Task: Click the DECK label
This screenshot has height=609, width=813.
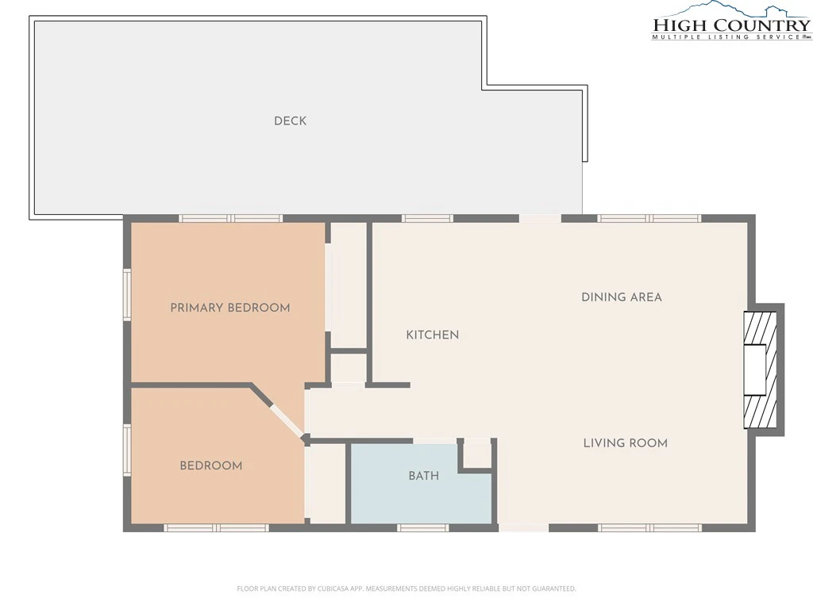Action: coord(291,121)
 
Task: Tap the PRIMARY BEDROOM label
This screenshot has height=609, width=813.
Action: coord(230,308)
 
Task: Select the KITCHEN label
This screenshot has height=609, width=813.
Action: coord(433,335)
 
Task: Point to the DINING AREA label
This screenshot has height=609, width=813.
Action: coord(621,297)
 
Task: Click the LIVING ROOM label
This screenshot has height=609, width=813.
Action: coord(626,443)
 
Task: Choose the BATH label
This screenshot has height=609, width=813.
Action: coord(424,476)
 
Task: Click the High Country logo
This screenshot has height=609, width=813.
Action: coord(731,21)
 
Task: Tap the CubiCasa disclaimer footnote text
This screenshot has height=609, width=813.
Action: coord(406,589)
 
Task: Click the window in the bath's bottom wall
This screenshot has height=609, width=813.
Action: coord(423,527)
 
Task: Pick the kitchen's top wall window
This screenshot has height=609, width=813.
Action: coord(427,219)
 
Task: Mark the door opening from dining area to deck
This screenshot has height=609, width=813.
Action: coord(540,219)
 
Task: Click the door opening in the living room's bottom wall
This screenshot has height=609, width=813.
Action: coord(524,527)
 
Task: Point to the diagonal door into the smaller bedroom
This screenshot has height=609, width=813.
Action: coord(287,422)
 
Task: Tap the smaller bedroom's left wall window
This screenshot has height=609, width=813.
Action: coord(126,450)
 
